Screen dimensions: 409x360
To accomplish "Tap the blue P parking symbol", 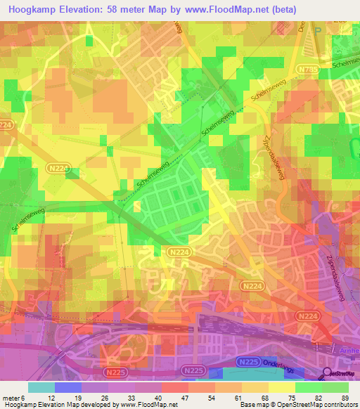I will [317, 31].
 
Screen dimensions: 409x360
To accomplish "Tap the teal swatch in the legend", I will [41, 387].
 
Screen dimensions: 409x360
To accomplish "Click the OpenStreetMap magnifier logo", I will [328, 374].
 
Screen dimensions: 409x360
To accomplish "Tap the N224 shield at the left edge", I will [6, 125].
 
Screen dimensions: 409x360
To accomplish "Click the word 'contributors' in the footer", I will [337, 405].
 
